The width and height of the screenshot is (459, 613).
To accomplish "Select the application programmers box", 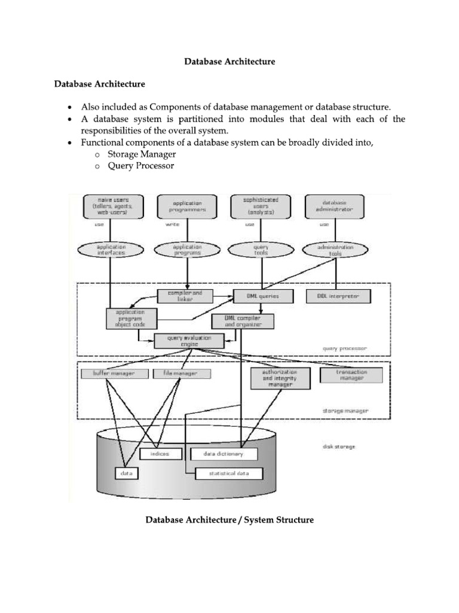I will tap(187, 207).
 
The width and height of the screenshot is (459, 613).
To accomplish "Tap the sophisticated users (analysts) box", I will tap(261, 207).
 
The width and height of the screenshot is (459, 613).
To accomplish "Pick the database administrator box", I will tap(334, 207).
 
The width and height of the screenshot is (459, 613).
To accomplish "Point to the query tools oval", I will tap(261, 250).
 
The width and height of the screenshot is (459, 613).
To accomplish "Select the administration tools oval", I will tap(335, 250).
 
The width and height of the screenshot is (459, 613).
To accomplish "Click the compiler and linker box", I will tap(185, 296).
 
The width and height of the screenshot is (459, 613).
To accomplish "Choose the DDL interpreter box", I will tap(339, 296).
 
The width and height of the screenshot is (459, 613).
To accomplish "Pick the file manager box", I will tap(183, 374).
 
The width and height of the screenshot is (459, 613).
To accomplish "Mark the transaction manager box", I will tap(351, 375).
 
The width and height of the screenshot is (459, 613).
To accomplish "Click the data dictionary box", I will tap(224, 454).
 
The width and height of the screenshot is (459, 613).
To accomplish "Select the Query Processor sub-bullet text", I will tap(141, 166).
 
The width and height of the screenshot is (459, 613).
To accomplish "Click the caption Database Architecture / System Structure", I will tap(229, 520).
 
